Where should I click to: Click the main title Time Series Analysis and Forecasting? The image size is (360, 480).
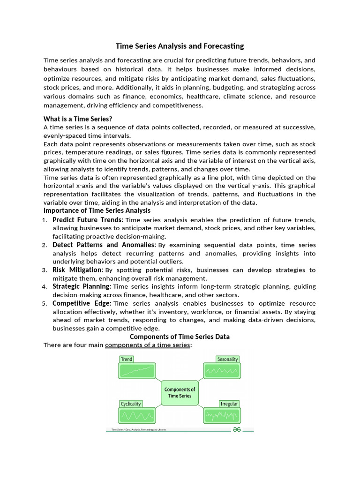pos(180,46)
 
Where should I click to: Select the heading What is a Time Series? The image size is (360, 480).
pos(78,119)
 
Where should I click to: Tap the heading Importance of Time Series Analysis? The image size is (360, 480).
pos(97,210)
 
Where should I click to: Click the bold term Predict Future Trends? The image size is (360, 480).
pos(88,220)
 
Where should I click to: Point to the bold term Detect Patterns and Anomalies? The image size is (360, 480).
pos(104,245)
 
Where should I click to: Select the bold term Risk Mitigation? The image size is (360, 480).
pos(78,270)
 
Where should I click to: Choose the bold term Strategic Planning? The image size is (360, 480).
pos(82,286)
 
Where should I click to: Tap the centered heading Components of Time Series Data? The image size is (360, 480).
pos(180,337)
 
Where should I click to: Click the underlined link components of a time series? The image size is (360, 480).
pos(148,345)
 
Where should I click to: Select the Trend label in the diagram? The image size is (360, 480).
pos(127,359)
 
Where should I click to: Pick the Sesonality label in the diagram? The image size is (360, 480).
pos(228,359)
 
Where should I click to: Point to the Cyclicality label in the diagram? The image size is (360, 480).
pos(131,404)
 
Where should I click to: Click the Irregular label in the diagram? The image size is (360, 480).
pos(229,404)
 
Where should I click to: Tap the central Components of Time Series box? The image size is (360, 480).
pos(180,392)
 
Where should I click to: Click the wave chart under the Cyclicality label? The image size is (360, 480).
pos(137,415)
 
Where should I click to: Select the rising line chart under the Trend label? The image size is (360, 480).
pos(137,371)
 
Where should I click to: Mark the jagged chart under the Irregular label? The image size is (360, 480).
pos(222,415)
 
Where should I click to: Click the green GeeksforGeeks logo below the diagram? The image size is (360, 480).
pos(237,429)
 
